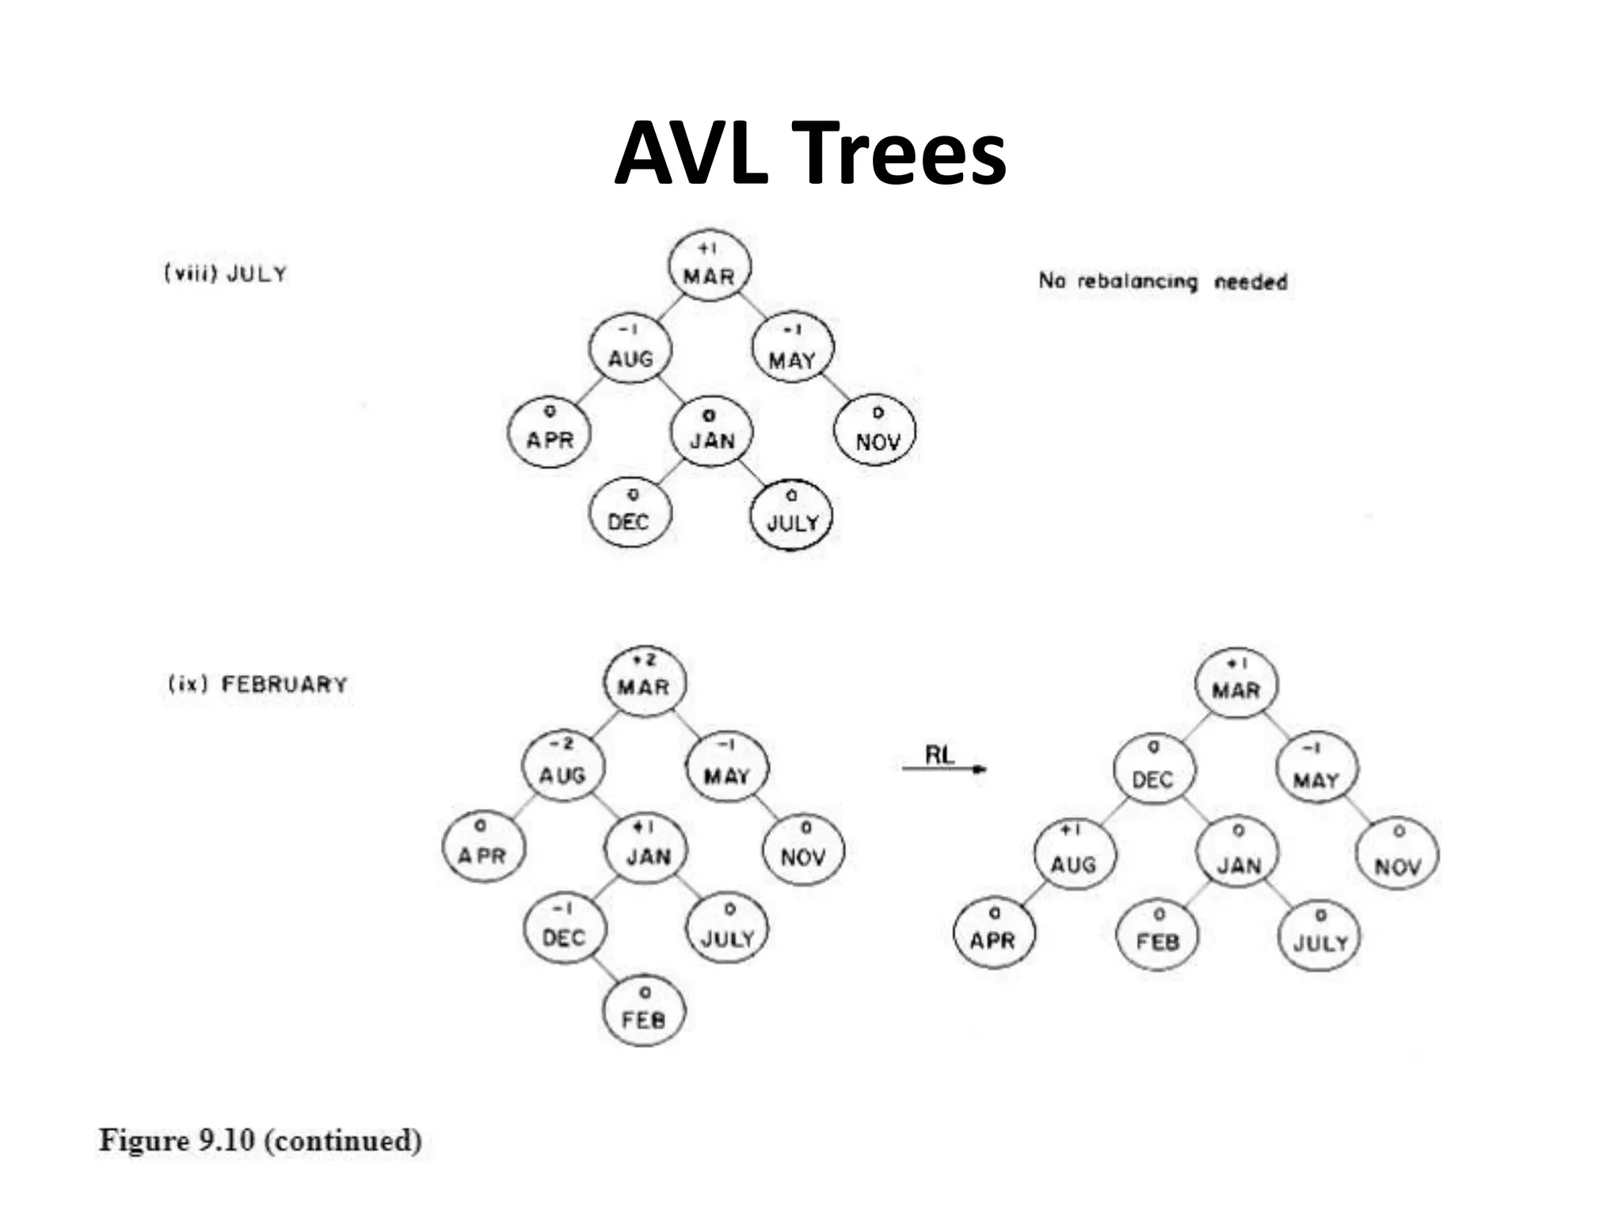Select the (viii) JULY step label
coord(225,273)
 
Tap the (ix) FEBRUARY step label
coord(257,684)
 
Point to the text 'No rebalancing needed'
coord(1163,280)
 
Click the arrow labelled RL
coord(943,768)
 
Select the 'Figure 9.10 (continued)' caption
coord(261,1141)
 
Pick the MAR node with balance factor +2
coord(644,681)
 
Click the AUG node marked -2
coord(562,766)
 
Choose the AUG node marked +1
coord(1073,856)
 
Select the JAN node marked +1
coord(648,848)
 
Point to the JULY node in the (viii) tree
coord(791,515)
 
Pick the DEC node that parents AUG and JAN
coord(1153,771)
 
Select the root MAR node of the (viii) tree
coord(709,268)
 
